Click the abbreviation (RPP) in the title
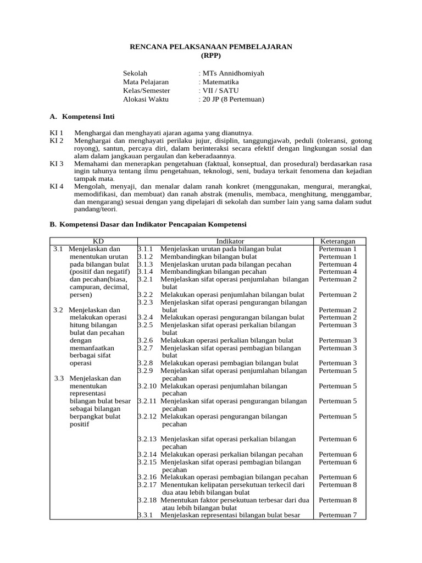click(210, 56)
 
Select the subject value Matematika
click(220, 82)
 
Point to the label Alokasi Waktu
click(146, 100)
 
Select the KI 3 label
click(57, 164)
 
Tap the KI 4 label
click(57, 186)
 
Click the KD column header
click(98, 241)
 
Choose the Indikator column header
click(230, 241)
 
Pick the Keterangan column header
click(337, 241)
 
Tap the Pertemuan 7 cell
click(337, 515)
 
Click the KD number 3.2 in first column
click(59, 310)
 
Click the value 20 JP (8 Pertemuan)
click(233, 100)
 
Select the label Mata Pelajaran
click(146, 82)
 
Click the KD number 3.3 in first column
click(60, 378)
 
